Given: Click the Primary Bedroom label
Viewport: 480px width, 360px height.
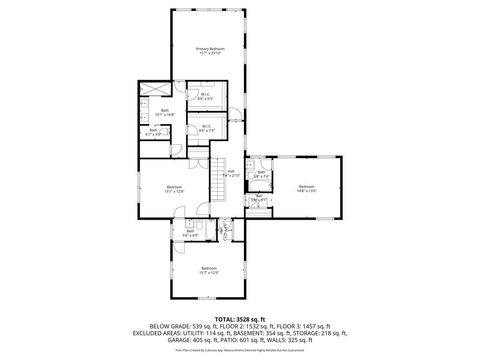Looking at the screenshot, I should point(210,51).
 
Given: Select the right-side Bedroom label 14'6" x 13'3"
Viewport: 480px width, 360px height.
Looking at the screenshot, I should point(306,188).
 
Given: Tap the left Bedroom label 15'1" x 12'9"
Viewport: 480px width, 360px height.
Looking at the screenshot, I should point(174,188).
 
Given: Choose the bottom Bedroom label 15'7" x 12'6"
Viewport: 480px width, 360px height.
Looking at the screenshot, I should point(208,270).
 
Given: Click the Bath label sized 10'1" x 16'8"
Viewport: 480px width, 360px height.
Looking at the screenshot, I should point(164,112).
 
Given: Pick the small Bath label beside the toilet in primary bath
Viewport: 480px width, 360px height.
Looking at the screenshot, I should point(153,131).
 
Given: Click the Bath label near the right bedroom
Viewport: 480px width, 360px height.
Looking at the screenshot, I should point(261,174).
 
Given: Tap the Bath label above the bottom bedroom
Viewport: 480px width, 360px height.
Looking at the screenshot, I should point(190,234).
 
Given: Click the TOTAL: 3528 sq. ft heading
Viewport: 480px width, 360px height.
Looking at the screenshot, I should point(239,318).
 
